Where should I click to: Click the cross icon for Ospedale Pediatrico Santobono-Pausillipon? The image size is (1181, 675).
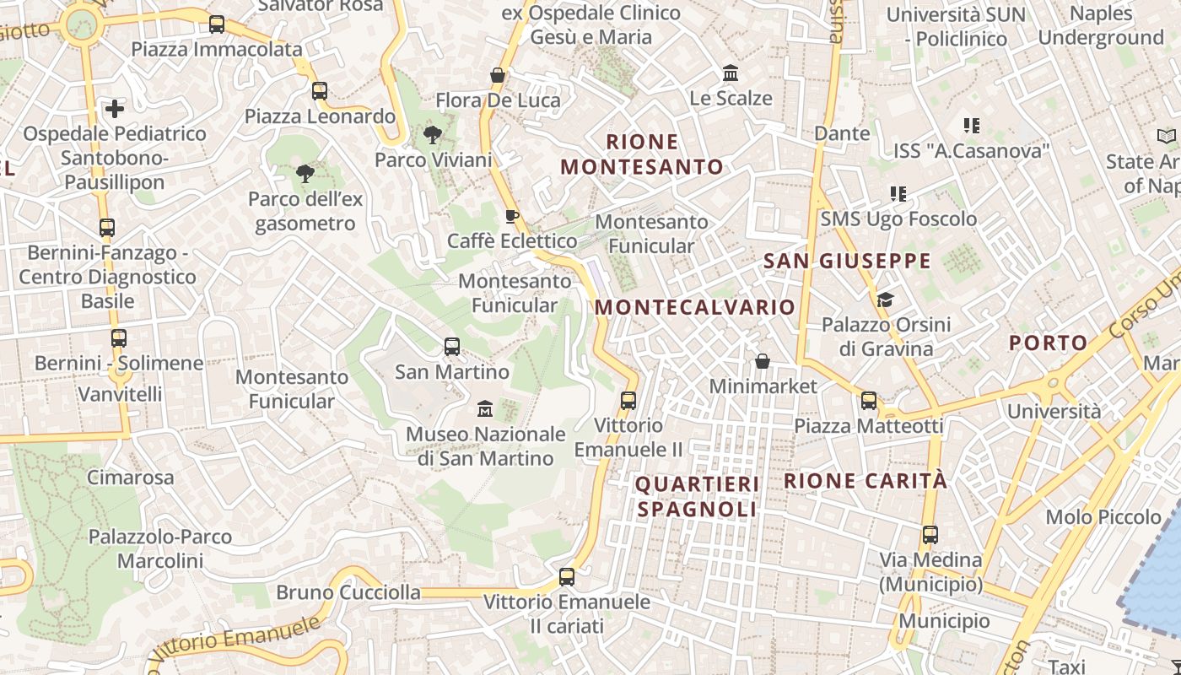point(115,109)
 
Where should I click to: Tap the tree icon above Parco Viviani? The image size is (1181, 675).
point(433,134)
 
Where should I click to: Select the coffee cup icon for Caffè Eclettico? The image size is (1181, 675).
point(511,216)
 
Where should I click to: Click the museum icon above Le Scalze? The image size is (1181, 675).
point(731,73)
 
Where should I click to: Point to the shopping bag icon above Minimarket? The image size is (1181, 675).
point(763,361)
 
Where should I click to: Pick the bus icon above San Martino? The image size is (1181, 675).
point(452,346)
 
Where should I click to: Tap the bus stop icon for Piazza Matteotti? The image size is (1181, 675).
point(869,401)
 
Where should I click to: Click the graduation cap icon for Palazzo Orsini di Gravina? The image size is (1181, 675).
point(885,300)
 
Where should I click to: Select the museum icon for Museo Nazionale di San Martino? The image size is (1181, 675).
point(484,409)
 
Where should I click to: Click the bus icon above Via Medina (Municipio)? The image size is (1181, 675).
point(930,535)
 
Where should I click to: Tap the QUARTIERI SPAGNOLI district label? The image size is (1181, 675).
point(697,497)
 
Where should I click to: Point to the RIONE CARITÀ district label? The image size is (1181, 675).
point(866,481)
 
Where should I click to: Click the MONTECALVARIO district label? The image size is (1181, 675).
point(695,307)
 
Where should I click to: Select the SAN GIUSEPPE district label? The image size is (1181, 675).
point(847,261)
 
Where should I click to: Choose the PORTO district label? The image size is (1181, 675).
point(1049,343)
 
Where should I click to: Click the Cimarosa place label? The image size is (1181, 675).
point(131,478)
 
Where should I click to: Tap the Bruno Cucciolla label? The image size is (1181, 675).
point(348,592)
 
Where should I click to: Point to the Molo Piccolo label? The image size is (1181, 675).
point(1103,516)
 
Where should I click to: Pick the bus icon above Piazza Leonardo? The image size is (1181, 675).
point(319,91)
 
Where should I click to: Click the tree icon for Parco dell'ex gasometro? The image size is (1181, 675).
point(305,175)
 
